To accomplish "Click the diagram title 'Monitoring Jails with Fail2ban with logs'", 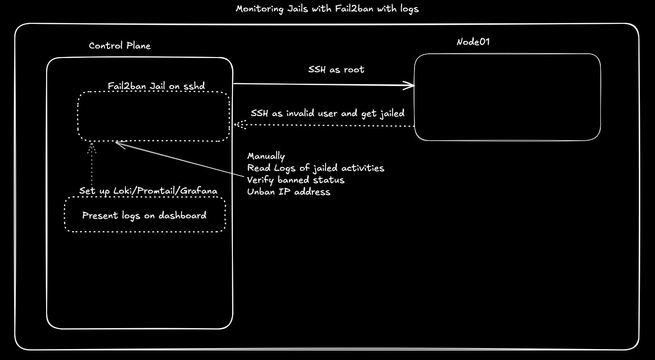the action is [327, 9].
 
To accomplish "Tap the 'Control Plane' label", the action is [120, 46].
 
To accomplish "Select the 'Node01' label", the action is [473, 42].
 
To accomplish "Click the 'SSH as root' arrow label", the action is [336, 69].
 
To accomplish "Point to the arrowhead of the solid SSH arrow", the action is [414, 86].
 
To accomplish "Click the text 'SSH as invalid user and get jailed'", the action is [327, 114].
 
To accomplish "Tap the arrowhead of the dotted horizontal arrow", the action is [235, 125].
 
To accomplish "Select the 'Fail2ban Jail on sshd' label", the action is [156, 86].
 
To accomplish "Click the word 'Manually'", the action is [266, 156].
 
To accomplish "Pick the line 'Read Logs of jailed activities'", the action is [316, 168].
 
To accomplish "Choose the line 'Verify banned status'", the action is [296, 180].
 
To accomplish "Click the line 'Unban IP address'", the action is [289, 192].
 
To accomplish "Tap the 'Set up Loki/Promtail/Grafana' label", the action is [148, 191].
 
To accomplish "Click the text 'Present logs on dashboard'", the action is [144, 215].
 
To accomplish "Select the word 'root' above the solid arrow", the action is [354, 69].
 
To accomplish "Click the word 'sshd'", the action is [194, 86].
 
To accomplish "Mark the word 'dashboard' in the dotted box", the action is [183, 215].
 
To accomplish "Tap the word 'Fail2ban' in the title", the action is [354, 9].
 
